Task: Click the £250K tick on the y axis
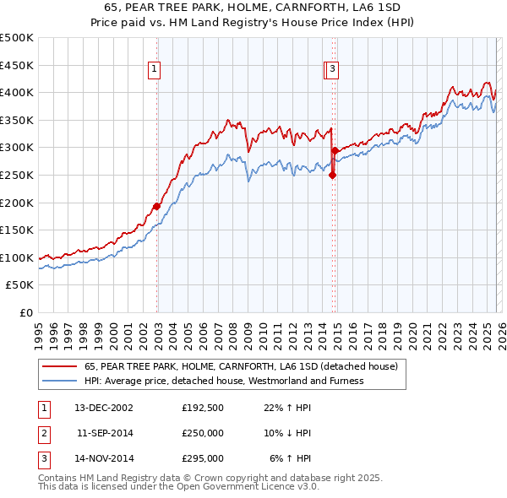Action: pyautogui.click(x=17, y=175)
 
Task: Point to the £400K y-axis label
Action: pyautogui.click(x=17, y=92)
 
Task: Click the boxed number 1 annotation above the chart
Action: pyautogui.click(x=156, y=70)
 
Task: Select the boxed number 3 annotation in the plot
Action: pyautogui.click(x=333, y=70)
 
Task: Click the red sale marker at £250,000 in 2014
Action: pyautogui.click(x=332, y=176)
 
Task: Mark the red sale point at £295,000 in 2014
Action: pyautogui.click(x=335, y=150)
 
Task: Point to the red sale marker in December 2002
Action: pyautogui.click(x=157, y=206)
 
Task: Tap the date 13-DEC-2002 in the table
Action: pyautogui.click(x=104, y=407)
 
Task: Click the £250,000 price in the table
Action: pyautogui.click(x=203, y=433)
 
